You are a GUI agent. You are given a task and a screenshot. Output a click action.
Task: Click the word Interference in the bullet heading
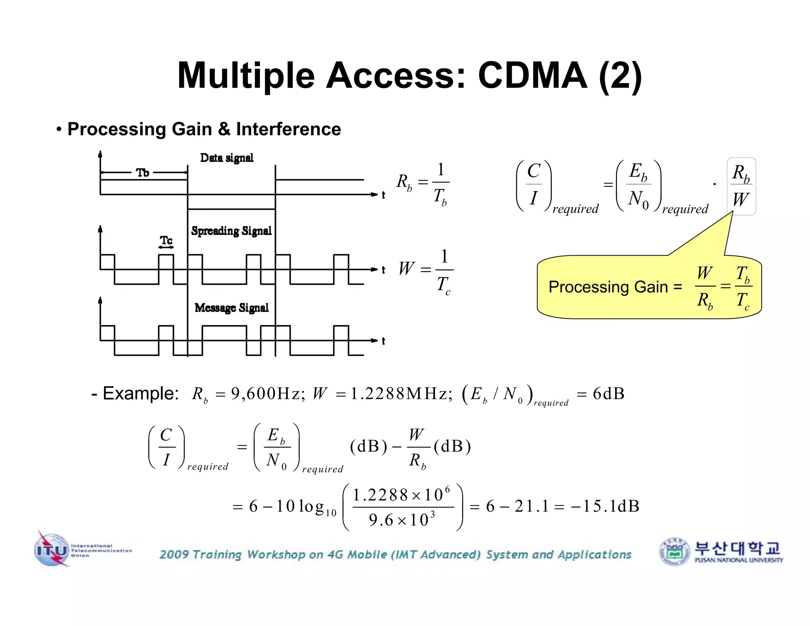pos(288,129)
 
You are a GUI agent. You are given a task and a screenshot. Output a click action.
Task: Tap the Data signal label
pos(227,158)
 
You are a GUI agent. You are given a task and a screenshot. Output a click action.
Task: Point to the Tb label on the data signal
pos(142,173)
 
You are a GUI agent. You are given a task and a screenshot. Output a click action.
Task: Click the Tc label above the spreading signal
pos(166,240)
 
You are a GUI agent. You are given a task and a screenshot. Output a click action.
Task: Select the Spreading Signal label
pos(231,231)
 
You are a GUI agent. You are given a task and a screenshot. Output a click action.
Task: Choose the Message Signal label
pos(231,307)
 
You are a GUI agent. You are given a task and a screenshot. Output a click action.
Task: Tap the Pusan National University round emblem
pos(675,552)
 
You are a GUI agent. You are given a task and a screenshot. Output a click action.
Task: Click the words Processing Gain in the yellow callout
pos(608,287)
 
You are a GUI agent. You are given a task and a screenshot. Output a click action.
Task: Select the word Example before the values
pos(140,393)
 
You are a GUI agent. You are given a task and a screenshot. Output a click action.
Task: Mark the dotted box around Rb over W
pos(741,186)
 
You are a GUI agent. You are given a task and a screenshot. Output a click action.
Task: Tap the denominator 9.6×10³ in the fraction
pos(402,520)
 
